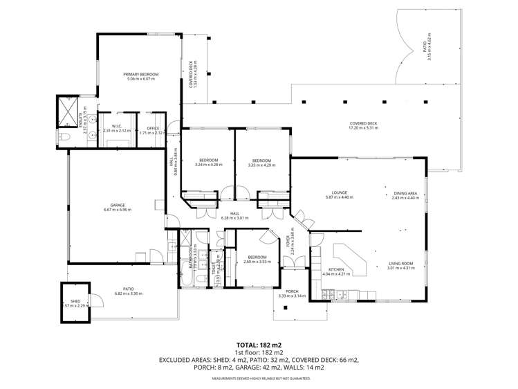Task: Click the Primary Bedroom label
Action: coord(141,74)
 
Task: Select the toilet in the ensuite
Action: coord(63,136)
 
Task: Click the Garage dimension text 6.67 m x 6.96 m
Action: coord(118,210)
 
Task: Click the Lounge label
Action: coord(339,192)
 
